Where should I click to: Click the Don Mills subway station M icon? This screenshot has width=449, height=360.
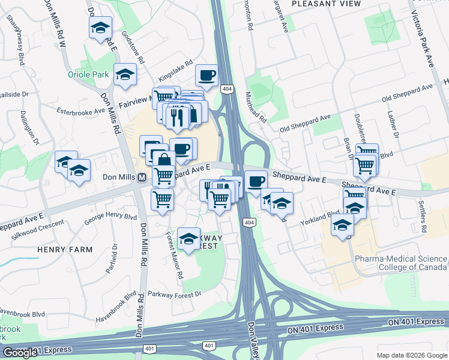tap(142, 178)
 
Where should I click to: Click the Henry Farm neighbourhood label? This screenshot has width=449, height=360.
tap(65, 249)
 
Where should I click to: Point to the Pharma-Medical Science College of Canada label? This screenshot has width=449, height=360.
tap(400, 263)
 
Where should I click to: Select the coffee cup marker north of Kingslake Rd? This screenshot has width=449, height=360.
tap(207, 76)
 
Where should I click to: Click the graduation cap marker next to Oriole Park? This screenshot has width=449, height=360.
tap(125, 74)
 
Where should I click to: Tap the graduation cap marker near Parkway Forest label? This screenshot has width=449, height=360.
tap(188, 239)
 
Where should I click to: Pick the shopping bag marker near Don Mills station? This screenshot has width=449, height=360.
tap(163, 161)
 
